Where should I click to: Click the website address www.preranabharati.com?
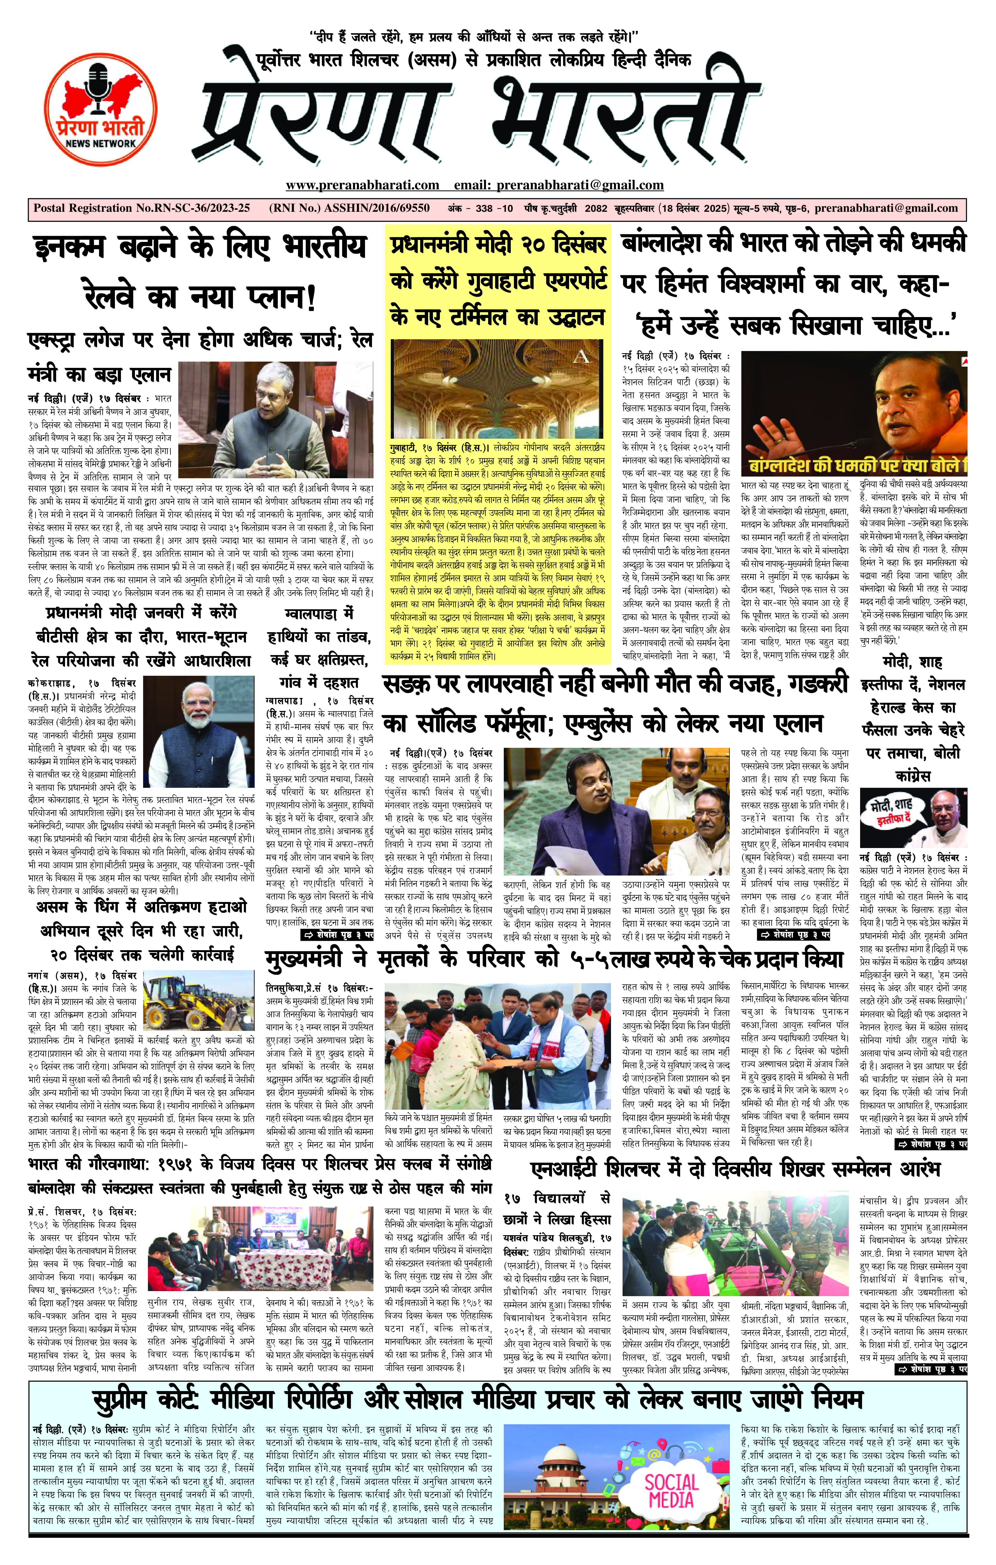[362, 185]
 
